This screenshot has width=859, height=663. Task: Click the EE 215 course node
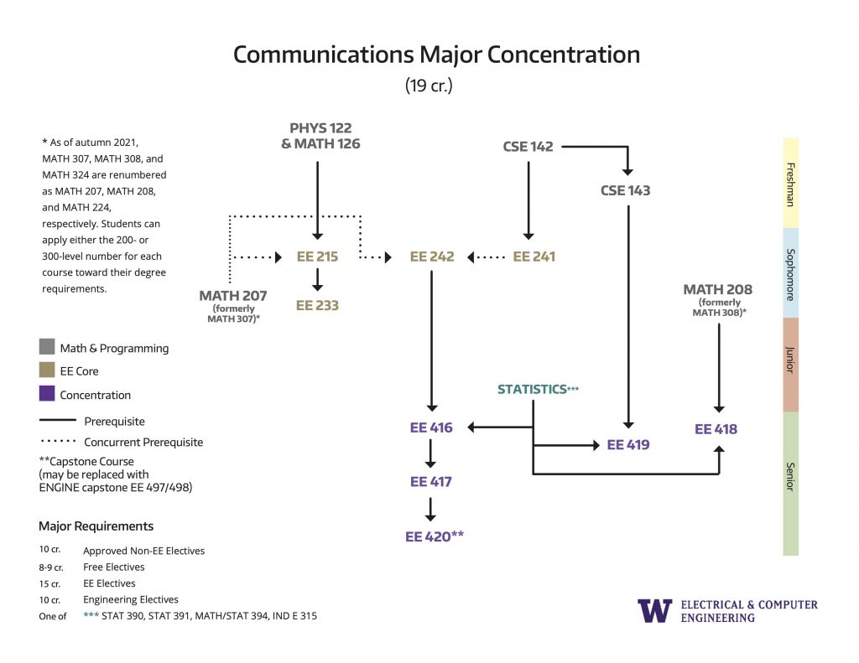point(317,256)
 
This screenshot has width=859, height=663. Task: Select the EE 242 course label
point(431,256)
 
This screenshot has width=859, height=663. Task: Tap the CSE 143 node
point(625,190)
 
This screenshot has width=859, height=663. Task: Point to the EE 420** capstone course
point(435,536)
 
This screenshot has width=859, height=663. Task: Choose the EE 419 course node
point(628,444)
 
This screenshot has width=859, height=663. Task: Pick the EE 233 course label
point(317,305)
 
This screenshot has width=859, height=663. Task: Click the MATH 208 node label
point(717,290)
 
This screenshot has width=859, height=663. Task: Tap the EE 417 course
point(430,482)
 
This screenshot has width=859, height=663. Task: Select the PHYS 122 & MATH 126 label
point(320,136)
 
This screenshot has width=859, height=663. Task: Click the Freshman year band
point(790,183)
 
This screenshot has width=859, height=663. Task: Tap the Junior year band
point(790,365)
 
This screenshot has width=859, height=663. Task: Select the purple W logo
point(654,610)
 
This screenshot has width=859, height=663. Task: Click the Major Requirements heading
point(96,526)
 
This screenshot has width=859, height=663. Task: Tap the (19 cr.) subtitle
point(429,86)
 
